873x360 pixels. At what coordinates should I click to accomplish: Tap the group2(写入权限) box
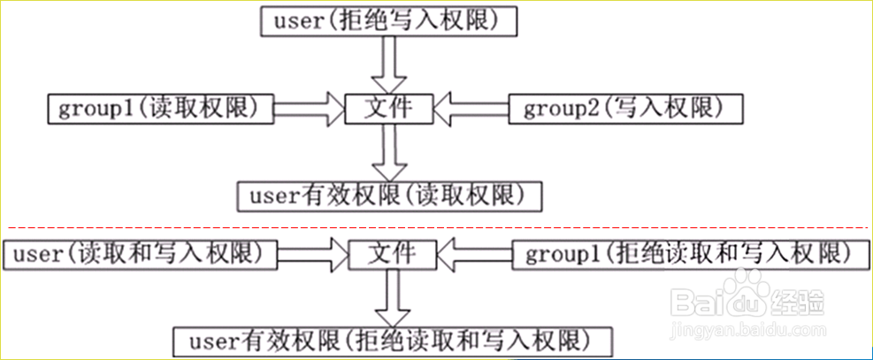(x=624, y=109)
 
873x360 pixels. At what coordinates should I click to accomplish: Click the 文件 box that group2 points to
(x=389, y=109)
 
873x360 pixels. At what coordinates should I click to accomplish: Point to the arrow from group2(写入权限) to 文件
(x=471, y=109)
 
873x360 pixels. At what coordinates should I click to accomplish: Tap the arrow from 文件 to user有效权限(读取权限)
(x=388, y=151)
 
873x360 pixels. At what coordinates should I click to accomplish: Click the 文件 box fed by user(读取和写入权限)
(x=390, y=254)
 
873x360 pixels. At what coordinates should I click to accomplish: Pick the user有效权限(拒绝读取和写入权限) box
(x=390, y=340)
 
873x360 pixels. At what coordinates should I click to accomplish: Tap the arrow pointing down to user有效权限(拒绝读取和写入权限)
(x=390, y=297)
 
